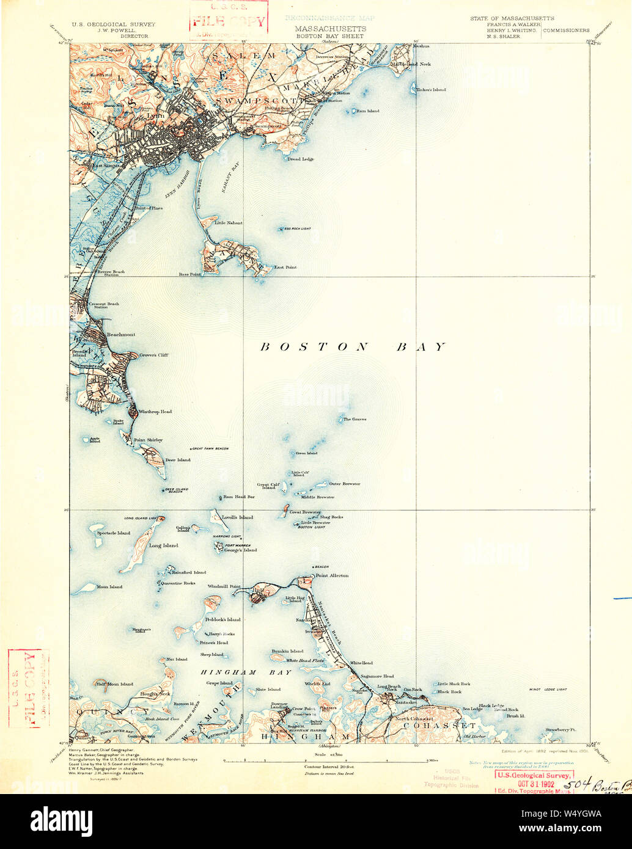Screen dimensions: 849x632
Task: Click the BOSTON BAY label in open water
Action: click(x=353, y=347)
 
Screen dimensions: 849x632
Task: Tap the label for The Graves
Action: click(x=355, y=419)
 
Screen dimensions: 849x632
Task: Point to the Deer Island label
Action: click(x=178, y=460)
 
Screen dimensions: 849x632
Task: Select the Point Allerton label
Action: click(x=332, y=575)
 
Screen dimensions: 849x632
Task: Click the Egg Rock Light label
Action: click(x=297, y=228)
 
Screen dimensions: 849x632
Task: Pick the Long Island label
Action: click(x=163, y=545)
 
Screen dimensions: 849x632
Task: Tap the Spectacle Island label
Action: click(x=114, y=533)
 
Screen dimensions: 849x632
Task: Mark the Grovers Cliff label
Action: click(x=153, y=355)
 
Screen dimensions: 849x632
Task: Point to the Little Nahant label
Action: click(x=228, y=223)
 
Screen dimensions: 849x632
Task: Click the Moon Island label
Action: click(x=109, y=587)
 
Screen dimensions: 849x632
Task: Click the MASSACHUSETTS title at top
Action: click(x=331, y=29)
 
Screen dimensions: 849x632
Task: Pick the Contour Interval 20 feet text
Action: click(x=328, y=766)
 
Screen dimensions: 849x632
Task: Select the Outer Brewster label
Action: click(x=345, y=484)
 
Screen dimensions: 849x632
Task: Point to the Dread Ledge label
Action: click(x=301, y=159)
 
